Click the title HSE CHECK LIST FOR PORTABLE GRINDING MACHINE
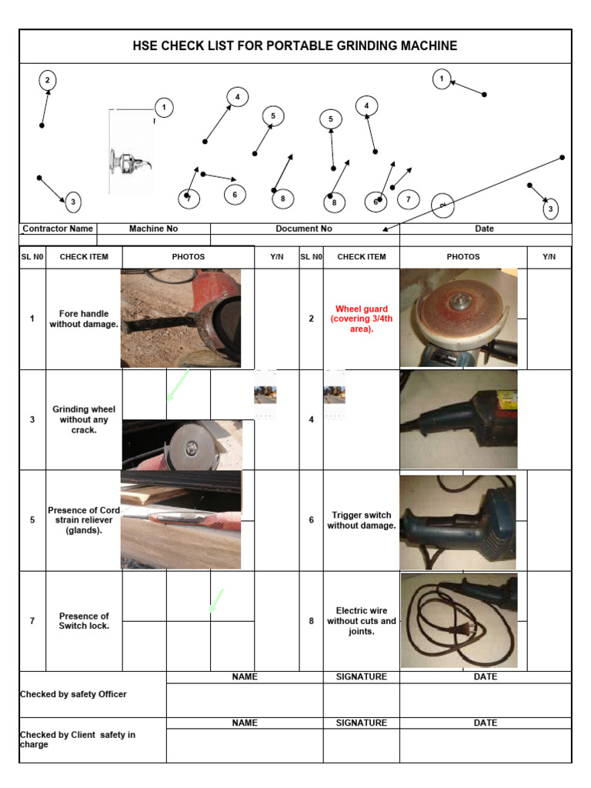coord(295,46)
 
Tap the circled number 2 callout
coord(48,80)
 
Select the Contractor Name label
coord(58,229)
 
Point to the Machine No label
coord(153,229)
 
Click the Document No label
coord(304,229)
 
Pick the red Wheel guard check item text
coord(361,319)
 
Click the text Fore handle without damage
coord(84,319)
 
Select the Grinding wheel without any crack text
coord(84,419)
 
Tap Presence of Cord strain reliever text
coord(84,520)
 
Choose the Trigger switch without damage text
coord(361,520)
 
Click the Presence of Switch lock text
coord(84,620)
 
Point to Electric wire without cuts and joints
coord(361,620)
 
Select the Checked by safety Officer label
coord(73,694)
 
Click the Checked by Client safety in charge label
coord(77,740)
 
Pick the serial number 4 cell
coord(311,419)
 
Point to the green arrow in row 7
coord(216,601)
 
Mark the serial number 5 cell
coord(32,520)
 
